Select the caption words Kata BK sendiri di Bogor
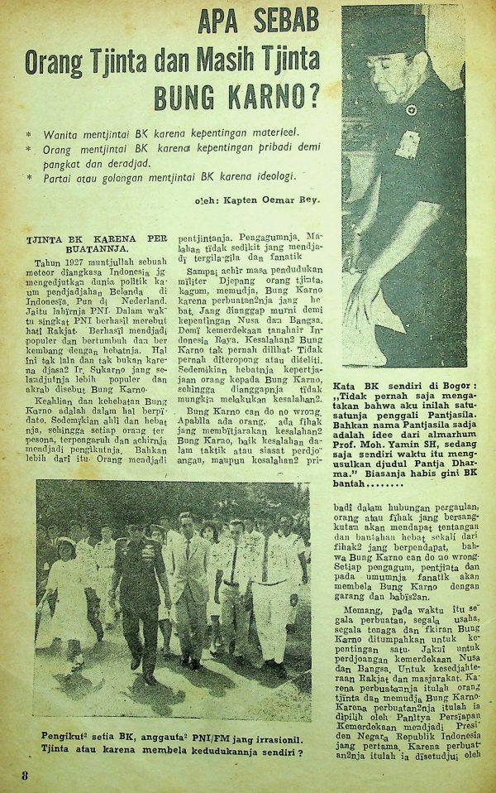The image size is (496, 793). (x=403, y=389)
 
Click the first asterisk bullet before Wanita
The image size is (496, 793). (x=31, y=133)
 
